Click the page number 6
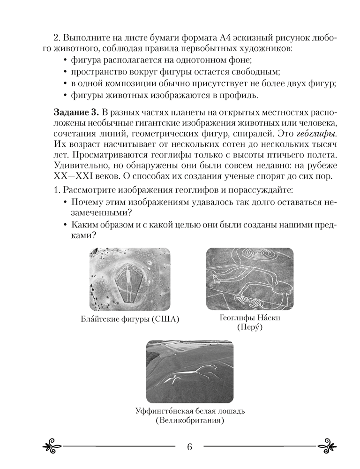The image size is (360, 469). [x=189, y=446]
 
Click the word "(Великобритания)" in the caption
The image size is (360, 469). [x=189, y=421]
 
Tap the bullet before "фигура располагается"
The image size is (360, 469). [x=64, y=61]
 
